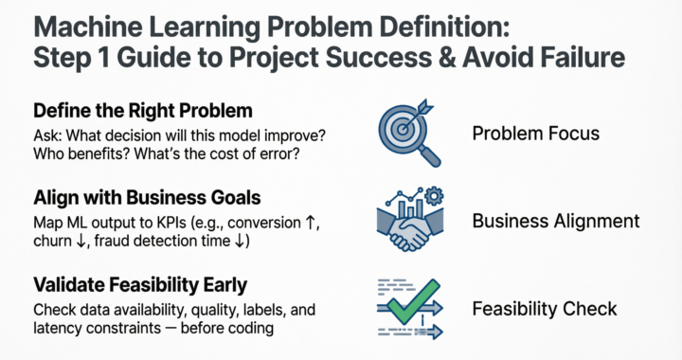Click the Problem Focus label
pyautogui.click(x=535, y=133)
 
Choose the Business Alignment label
pyautogui.click(x=555, y=222)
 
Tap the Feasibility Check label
pyautogui.click(x=544, y=309)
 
